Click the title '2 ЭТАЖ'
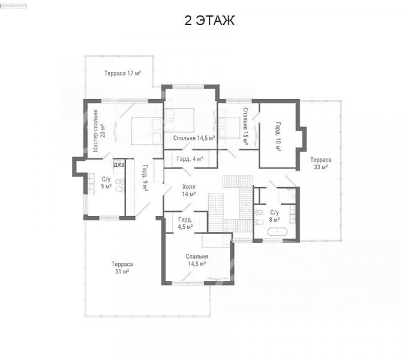click(x=209, y=20)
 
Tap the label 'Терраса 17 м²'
click(x=122, y=73)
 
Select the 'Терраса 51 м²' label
click(x=122, y=268)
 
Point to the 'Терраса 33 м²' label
click(x=321, y=163)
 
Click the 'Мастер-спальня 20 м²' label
click(x=99, y=131)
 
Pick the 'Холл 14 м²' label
click(x=189, y=190)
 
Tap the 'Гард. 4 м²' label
click(x=190, y=158)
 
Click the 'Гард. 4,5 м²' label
click(x=185, y=223)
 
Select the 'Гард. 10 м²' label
click(x=278, y=136)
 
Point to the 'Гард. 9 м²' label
click(x=145, y=178)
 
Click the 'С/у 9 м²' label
click(x=106, y=183)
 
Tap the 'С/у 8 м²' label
click(x=275, y=216)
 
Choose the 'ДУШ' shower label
click(x=119, y=165)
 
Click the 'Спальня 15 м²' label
click(x=245, y=127)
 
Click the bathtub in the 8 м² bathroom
click(x=277, y=232)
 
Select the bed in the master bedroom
click(x=147, y=131)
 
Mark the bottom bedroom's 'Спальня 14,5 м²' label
click(x=197, y=260)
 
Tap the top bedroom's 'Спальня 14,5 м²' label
click(x=194, y=138)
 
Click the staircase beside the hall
click(x=230, y=204)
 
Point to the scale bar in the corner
click(x=13, y=6)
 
